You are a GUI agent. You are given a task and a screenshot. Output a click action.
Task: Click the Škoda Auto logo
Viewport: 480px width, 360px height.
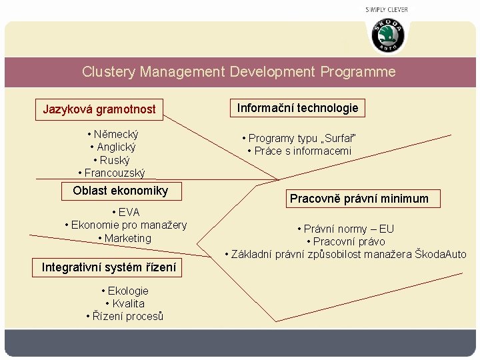[x=387, y=35]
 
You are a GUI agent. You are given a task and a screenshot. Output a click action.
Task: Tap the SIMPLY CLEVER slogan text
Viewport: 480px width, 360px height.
[x=387, y=9]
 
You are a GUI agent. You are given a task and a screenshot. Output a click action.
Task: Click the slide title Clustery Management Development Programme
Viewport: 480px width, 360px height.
[x=239, y=71]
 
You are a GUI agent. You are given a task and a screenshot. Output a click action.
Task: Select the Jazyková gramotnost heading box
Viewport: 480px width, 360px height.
[x=99, y=109]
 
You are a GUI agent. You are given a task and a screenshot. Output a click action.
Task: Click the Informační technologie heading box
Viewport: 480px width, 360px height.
[x=298, y=107]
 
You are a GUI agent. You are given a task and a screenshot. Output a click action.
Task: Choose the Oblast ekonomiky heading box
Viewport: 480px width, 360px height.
[x=121, y=191]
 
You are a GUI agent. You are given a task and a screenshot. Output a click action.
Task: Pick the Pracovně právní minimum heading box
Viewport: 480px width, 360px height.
[x=358, y=198]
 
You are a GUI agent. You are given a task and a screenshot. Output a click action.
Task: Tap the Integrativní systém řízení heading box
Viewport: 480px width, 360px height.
[x=109, y=267]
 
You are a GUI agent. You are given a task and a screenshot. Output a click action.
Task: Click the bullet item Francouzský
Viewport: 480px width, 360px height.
[x=114, y=173]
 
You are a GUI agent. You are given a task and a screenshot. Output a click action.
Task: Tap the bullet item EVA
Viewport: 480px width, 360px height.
[x=126, y=212]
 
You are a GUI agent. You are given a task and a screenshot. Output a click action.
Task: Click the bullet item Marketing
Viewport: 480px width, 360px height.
[x=127, y=238]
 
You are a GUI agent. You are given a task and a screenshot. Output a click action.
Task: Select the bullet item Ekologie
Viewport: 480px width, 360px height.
[x=127, y=291]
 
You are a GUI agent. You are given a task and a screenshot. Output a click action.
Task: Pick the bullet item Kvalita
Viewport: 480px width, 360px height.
[x=127, y=303]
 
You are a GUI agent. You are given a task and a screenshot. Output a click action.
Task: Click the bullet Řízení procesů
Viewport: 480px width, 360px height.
[x=127, y=316]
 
